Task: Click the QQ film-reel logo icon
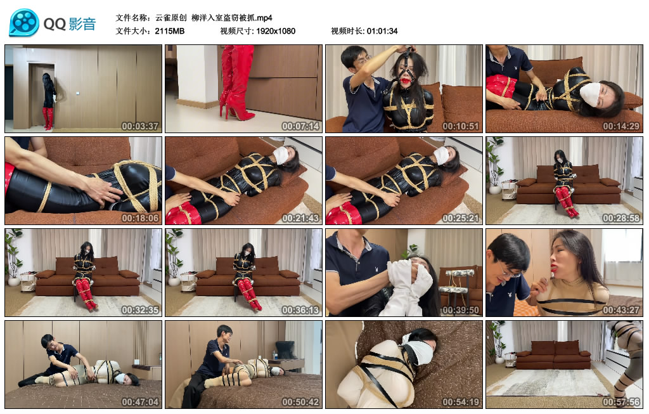point(24,23)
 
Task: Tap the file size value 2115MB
point(170,31)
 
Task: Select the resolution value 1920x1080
point(276,31)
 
